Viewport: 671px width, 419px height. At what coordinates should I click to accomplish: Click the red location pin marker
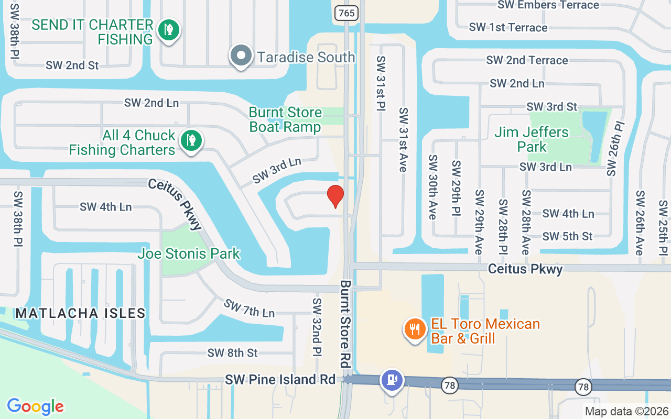tap(335, 196)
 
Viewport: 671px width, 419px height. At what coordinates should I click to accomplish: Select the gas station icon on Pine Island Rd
tap(392, 380)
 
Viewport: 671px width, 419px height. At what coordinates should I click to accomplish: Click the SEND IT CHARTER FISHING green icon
tap(168, 30)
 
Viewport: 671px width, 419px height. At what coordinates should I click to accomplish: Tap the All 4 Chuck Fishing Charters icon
tap(191, 140)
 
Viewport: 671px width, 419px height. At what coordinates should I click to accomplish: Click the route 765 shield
tap(346, 13)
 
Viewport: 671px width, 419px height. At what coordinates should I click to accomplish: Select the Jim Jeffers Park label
tap(532, 139)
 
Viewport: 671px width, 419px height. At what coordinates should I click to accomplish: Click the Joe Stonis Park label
tap(189, 254)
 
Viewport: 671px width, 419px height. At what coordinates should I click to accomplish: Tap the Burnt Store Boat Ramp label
tap(285, 120)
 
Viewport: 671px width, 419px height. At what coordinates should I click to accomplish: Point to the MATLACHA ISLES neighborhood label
tap(80, 313)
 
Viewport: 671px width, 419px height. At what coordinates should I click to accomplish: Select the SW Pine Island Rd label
tap(280, 379)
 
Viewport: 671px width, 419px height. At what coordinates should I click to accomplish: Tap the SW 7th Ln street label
tap(249, 308)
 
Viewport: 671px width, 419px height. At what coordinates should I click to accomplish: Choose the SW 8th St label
tap(233, 352)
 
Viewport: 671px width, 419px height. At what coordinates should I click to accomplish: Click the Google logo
tap(36, 406)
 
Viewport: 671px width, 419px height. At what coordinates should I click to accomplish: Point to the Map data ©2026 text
tap(626, 411)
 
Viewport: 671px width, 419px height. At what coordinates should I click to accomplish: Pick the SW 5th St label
tap(567, 236)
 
